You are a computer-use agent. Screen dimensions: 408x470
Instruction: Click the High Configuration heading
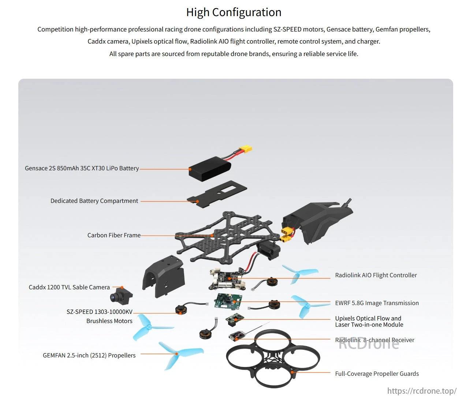click(234, 12)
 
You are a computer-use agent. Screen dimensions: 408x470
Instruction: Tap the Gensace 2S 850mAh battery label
click(82, 168)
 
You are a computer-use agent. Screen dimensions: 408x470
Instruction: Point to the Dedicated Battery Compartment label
click(94, 201)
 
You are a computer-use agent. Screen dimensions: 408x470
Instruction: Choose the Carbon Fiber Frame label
click(114, 235)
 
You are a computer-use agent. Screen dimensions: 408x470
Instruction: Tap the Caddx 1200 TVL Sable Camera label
click(69, 288)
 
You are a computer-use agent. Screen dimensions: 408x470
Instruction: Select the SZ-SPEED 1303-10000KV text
click(99, 312)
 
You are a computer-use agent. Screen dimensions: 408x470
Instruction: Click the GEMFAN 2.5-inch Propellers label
click(89, 356)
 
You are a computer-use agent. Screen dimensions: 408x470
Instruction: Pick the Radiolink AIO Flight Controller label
click(376, 275)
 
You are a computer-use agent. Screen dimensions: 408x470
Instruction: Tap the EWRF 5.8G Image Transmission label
click(377, 303)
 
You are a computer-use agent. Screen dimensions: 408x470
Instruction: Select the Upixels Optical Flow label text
click(368, 319)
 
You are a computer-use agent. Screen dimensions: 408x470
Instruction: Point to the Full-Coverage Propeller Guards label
click(377, 374)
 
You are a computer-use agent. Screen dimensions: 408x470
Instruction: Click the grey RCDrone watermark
click(369, 344)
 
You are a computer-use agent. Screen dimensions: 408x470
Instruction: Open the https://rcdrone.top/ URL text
click(422, 391)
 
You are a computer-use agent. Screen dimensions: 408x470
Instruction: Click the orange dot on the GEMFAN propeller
click(176, 354)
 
